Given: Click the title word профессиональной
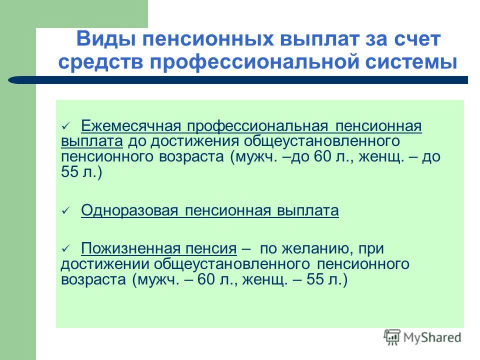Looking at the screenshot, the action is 254,62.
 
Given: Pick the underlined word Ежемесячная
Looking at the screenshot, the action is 131,126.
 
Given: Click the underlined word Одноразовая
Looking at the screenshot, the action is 129,210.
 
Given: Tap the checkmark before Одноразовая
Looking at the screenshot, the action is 66,211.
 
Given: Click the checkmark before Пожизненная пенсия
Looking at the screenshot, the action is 66,248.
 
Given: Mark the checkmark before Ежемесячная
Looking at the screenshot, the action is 66,126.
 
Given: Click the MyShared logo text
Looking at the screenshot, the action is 432,337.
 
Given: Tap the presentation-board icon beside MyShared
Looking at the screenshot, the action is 392,337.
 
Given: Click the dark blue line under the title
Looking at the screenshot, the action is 238,80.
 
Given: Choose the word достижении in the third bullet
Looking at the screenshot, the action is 104,264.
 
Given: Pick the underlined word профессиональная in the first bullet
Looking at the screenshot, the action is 257,126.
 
